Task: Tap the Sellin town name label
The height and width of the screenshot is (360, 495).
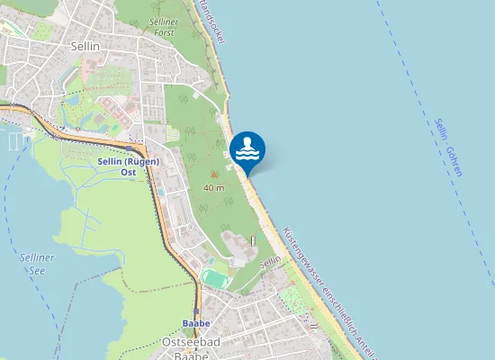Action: tap(85, 44)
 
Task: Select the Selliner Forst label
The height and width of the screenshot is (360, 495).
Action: tap(163, 26)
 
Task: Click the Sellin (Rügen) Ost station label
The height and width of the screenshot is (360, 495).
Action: tap(128, 166)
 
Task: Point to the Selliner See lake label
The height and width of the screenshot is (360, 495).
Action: tap(35, 264)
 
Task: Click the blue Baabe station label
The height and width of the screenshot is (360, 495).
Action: tap(195, 322)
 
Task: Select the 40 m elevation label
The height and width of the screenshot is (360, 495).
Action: tap(214, 188)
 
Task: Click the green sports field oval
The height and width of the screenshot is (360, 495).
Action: tap(214, 279)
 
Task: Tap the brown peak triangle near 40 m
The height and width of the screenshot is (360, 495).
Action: tap(214, 175)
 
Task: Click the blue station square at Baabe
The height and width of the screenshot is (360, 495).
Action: tap(195, 311)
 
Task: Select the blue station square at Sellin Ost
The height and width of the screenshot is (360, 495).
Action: tap(130, 148)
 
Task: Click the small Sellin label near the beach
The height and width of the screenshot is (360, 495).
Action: tap(271, 262)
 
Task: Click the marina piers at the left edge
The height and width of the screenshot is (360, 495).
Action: tap(13, 139)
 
